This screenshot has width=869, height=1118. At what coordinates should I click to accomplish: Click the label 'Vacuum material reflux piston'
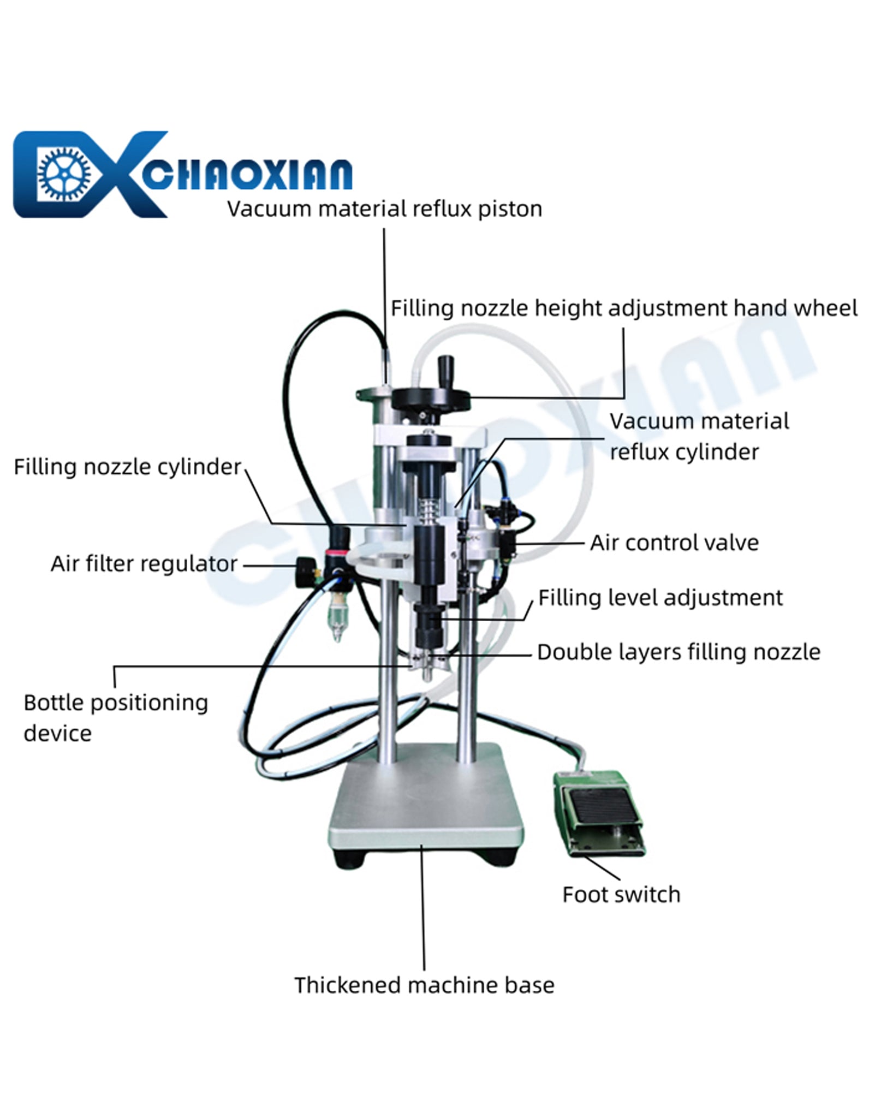pos(385,209)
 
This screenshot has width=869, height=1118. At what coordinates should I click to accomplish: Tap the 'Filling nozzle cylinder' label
pos(127,467)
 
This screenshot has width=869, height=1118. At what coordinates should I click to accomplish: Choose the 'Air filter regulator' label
pos(144,564)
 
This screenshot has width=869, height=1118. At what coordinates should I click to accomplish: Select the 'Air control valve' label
pos(674,543)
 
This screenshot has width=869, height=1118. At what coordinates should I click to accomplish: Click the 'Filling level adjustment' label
pos(660,598)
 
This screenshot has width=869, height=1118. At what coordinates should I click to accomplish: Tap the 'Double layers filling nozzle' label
pos(678,652)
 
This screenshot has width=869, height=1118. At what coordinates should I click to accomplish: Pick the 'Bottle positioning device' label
pos(116,718)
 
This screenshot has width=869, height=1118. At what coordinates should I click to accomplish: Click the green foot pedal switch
pos(599,813)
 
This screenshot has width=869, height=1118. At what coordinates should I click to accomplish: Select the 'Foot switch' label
pos(622,895)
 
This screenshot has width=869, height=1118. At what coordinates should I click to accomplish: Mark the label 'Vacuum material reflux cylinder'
pos(699,437)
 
